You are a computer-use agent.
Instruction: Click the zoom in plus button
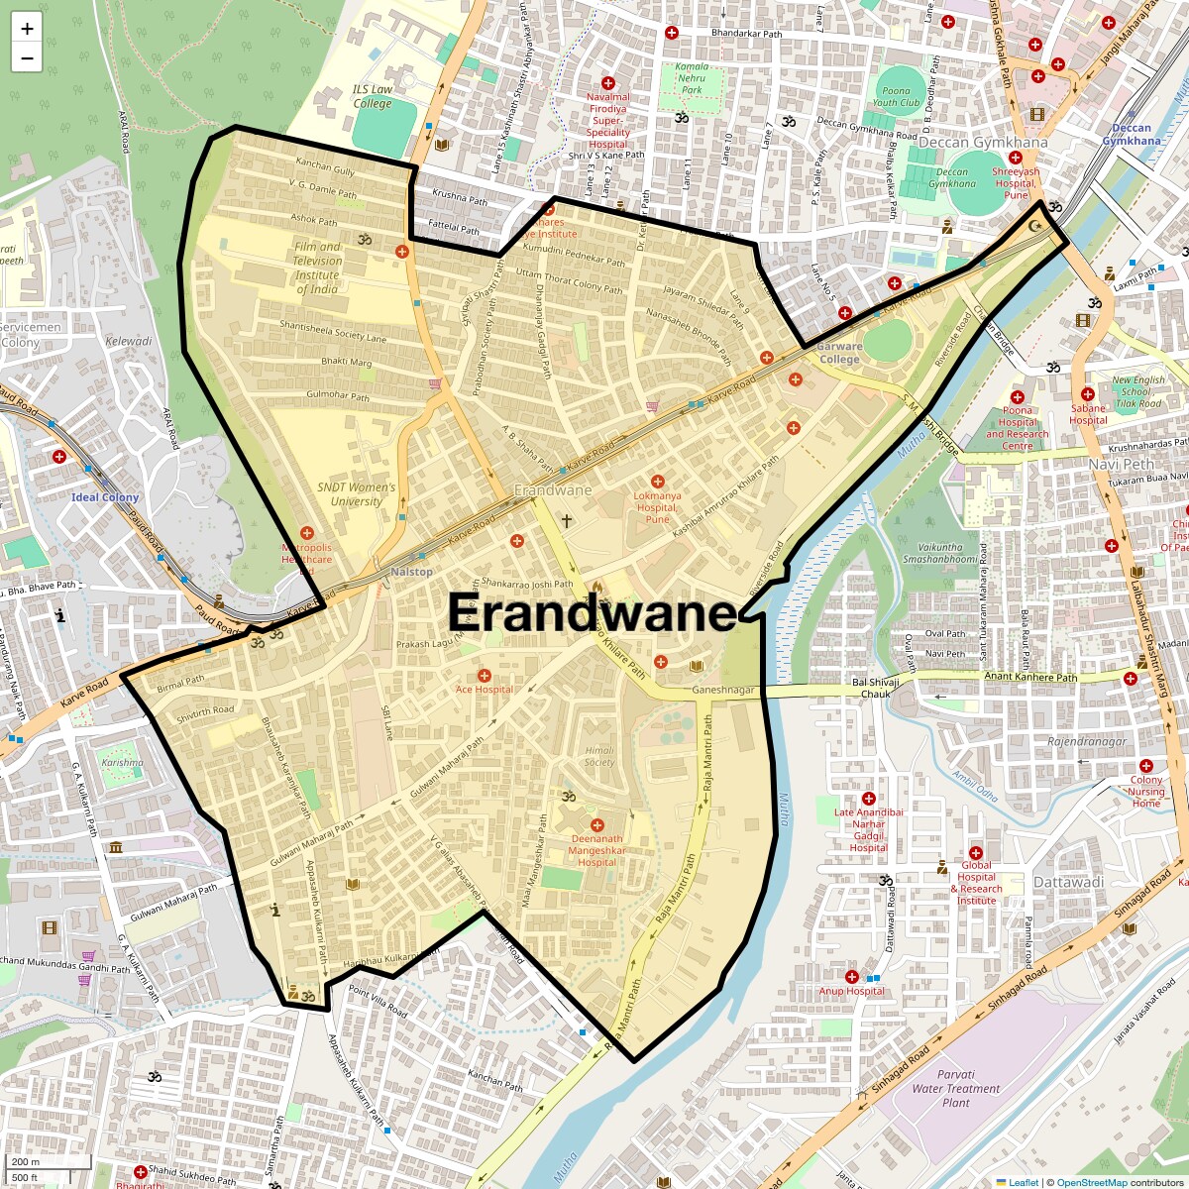pos(27,29)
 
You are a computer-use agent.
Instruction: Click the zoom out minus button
pos(27,58)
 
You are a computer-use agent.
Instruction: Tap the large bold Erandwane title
pos(593,613)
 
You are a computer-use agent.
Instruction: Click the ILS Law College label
pos(373,96)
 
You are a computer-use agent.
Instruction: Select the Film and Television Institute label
pos(317,268)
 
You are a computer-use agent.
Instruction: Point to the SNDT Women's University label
pos(356,494)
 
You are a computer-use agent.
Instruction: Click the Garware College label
pos(839,353)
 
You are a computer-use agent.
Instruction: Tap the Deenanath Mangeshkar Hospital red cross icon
pos(596,825)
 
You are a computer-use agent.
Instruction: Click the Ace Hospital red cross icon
pos(485,675)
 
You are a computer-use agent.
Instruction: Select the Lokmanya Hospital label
pos(658,506)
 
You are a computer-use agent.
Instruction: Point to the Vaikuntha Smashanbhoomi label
pos(939,553)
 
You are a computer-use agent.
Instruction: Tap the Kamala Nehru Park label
pos(692,78)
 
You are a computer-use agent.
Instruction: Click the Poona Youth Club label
pos(897,96)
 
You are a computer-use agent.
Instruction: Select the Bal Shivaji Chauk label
pos(876,688)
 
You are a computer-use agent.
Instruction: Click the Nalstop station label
pos(411,572)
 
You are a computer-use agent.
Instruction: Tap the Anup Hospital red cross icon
pos(851,977)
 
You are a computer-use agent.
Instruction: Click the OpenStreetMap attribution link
pos(1091,1182)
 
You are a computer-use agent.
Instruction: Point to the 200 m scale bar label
pos(26,1162)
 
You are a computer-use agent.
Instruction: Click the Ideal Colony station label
pos(105,497)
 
